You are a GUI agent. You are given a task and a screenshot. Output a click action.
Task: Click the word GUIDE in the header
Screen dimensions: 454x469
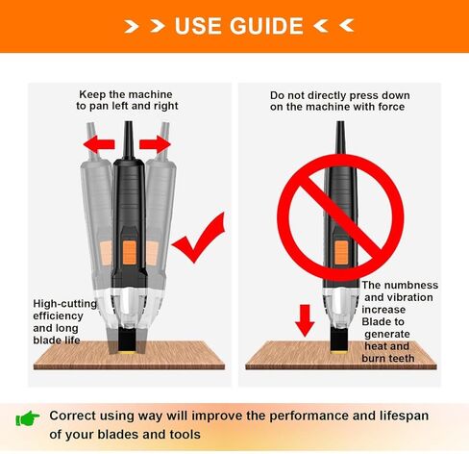tap(262, 25)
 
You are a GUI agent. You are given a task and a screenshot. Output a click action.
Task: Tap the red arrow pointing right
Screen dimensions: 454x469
tap(154, 144)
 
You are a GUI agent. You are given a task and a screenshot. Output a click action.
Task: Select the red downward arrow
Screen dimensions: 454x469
tap(306, 320)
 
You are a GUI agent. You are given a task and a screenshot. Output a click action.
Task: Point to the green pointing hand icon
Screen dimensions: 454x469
tap(28, 417)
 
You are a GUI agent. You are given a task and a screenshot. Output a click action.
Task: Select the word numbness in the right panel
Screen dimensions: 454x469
tap(411, 286)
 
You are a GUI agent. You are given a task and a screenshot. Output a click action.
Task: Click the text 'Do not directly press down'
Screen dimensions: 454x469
tap(339, 95)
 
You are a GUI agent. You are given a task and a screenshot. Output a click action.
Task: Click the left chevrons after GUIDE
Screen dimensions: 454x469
tap(334, 26)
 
